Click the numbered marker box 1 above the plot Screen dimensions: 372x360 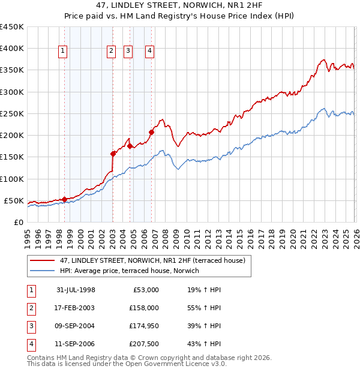point(63,52)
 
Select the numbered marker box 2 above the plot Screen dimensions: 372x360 point(112,52)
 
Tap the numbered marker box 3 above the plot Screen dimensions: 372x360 point(128,52)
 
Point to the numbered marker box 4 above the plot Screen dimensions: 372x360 point(149,52)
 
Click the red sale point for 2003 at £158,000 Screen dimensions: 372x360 point(113,154)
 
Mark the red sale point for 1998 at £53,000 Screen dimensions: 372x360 point(64,199)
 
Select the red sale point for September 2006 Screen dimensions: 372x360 point(151,132)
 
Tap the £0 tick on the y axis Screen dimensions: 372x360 point(18,222)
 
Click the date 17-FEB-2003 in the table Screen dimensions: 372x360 point(76,308)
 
